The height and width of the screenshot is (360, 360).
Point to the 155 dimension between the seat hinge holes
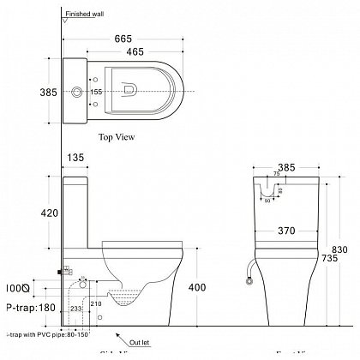click(97, 90)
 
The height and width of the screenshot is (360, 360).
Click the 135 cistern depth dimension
click(77, 158)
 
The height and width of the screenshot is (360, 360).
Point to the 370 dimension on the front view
click(286, 230)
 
